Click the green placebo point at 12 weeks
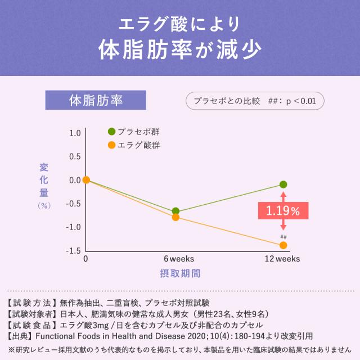(x=283, y=184)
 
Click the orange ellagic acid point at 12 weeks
(x=283, y=245)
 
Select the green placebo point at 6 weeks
(x=175, y=211)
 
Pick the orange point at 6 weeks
(x=175, y=217)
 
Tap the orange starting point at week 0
(x=86, y=180)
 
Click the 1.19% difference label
(x=283, y=211)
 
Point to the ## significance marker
(x=283, y=237)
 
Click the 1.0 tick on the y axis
(x=75, y=133)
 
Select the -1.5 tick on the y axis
(x=74, y=251)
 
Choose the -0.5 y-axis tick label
(x=74, y=204)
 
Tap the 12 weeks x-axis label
(x=283, y=259)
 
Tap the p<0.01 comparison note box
(x=254, y=101)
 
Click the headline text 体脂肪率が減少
(x=180, y=49)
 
